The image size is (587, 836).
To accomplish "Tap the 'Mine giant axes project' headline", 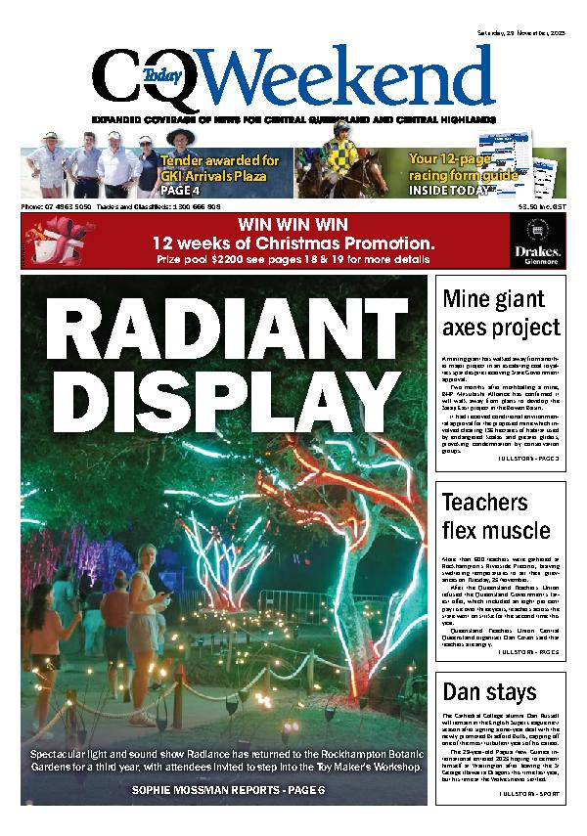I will (501, 313).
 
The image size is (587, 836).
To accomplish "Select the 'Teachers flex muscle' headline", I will (496, 517).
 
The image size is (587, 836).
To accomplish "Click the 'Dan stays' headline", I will (476, 692).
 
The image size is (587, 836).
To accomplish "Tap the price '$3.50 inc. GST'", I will (540, 207).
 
